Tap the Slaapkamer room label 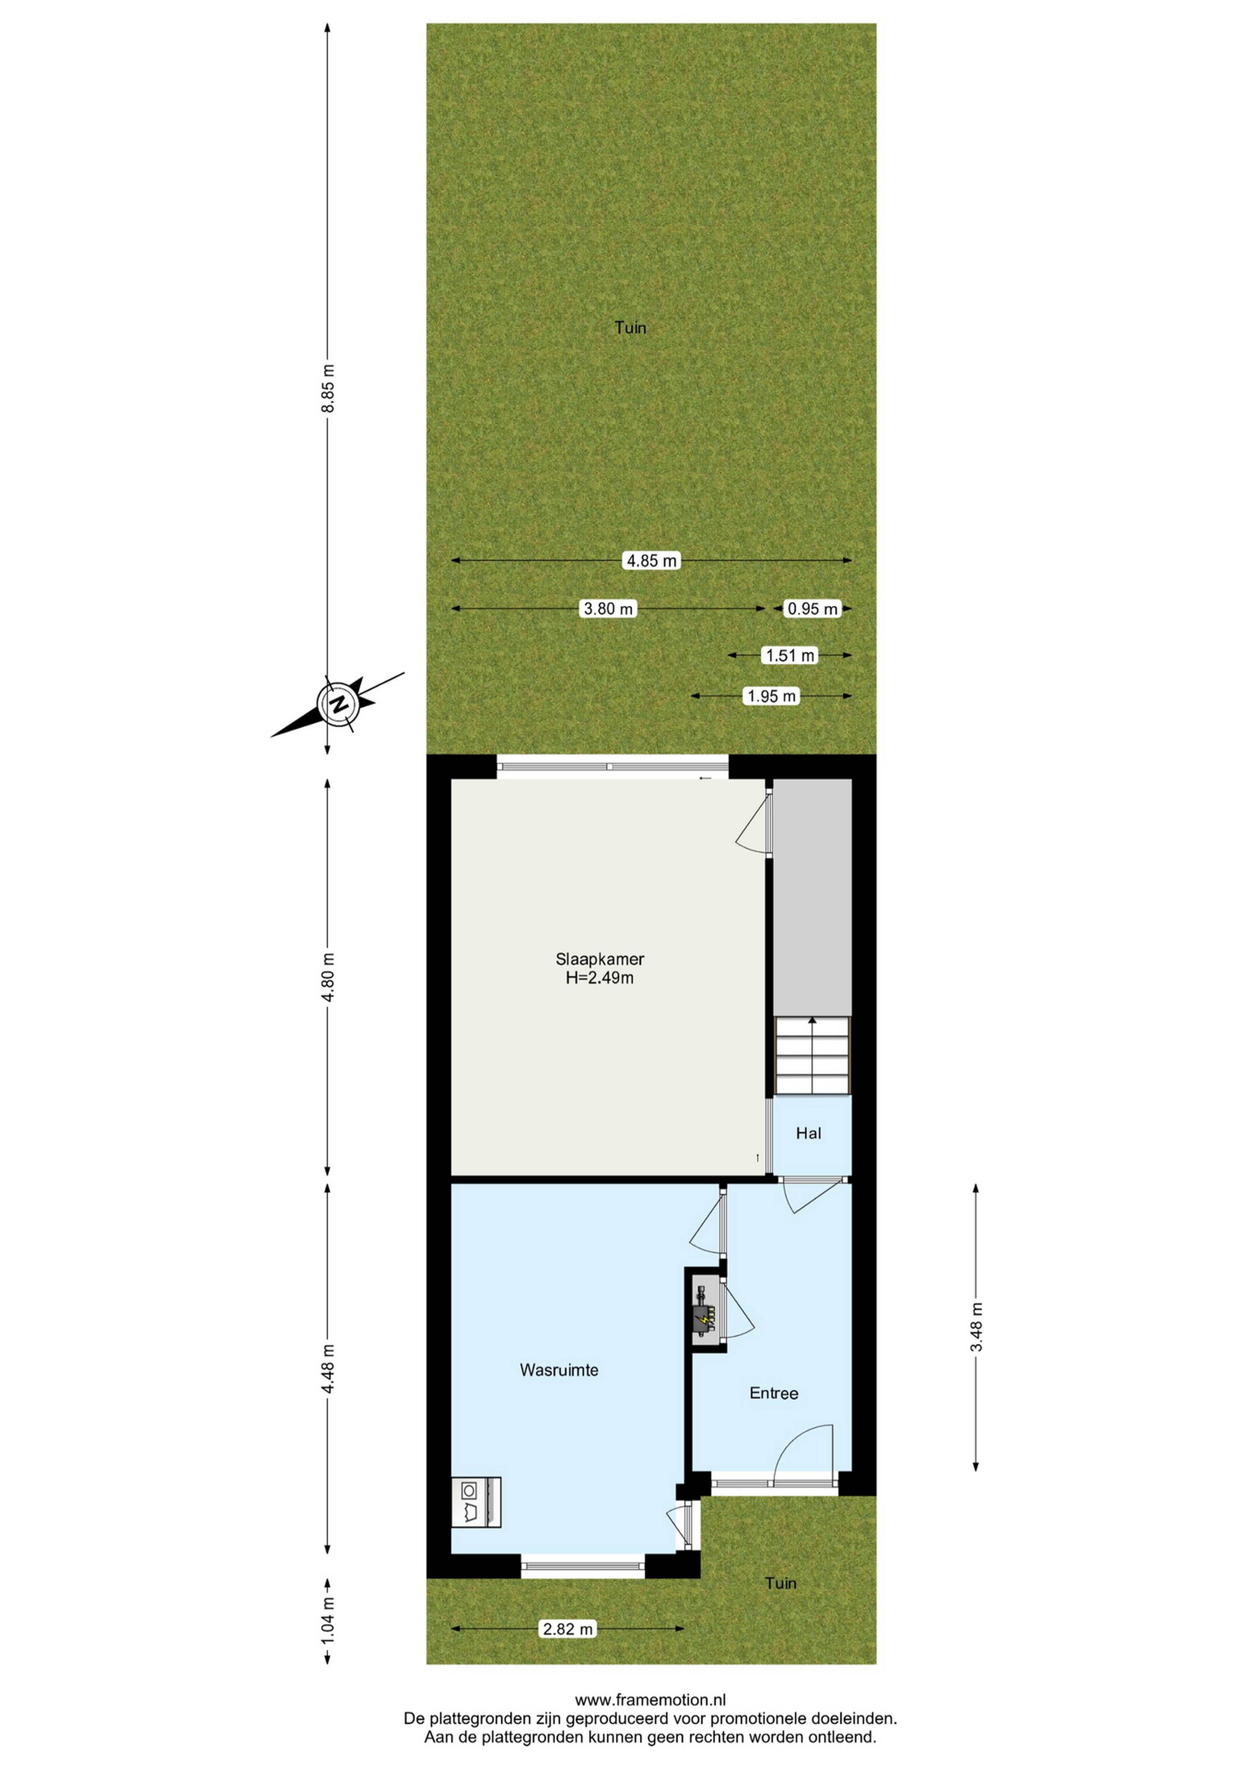600,959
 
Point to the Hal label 809,1133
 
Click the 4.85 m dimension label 652,561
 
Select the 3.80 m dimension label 609,609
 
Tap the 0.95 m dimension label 812,609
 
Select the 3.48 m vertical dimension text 977,1327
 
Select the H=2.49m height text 600,979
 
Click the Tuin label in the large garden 630,328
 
